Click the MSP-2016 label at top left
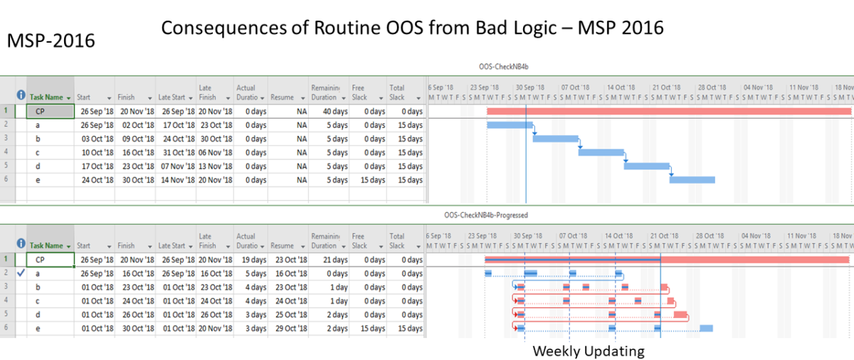(x=51, y=41)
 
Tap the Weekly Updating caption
(x=589, y=351)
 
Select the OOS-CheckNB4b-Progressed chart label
(x=486, y=213)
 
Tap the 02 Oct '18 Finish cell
(x=136, y=125)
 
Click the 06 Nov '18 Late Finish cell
(x=216, y=153)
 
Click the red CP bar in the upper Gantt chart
(x=668, y=112)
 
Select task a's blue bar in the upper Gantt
(x=509, y=125)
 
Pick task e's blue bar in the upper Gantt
(x=692, y=180)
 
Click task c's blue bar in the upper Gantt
(x=601, y=152)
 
